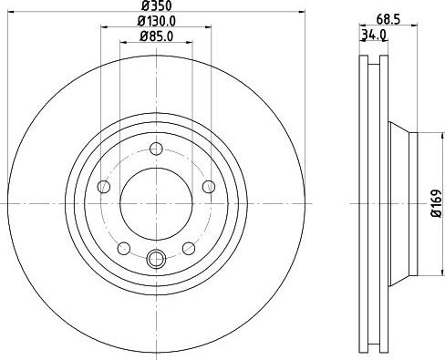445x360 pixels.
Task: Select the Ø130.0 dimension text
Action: (155, 23)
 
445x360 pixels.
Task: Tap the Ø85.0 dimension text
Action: (155, 37)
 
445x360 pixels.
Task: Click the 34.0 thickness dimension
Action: (375, 36)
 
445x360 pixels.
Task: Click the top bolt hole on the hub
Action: (155, 149)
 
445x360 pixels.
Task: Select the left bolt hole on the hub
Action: (103, 187)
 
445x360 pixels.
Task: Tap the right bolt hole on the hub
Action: (208, 187)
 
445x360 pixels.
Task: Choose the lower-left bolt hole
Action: (123, 248)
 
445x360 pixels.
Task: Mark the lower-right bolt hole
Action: (188, 248)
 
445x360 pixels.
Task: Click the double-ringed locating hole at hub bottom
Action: (155, 259)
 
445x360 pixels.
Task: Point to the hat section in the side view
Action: (406, 202)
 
